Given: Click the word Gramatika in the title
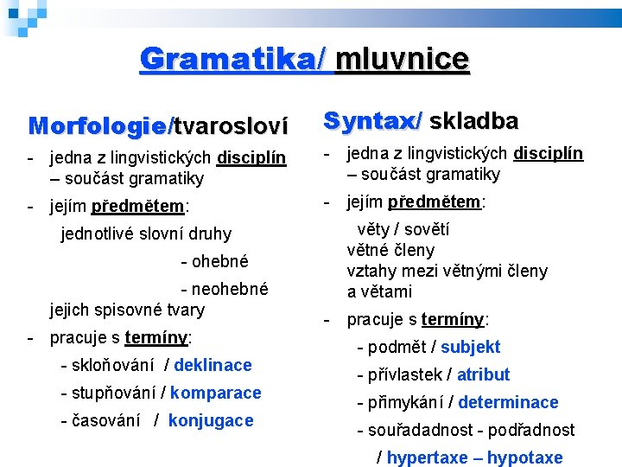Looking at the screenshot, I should click(x=230, y=59).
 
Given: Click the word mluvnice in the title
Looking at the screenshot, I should click(x=402, y=59).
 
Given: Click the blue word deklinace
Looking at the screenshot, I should click(x=213, y=365).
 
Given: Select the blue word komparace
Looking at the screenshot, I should click(x=216, y=393).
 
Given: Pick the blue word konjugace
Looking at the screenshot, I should click(x=211, y=420).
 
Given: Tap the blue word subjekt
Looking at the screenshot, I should click(x=471, y=347).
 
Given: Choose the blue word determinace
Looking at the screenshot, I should click(x=508, y=402).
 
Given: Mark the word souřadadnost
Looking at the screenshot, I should click(x=420, y=430).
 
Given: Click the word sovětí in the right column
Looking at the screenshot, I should click(x=427, y=229).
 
